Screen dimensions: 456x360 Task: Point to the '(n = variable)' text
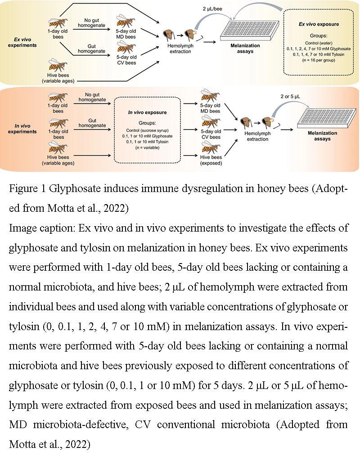pos(148,148)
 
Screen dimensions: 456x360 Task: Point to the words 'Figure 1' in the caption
pos(25,189)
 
